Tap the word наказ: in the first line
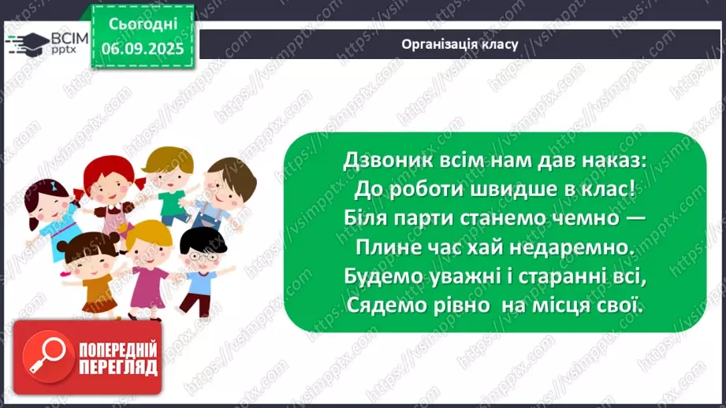[x=608, y=160]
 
